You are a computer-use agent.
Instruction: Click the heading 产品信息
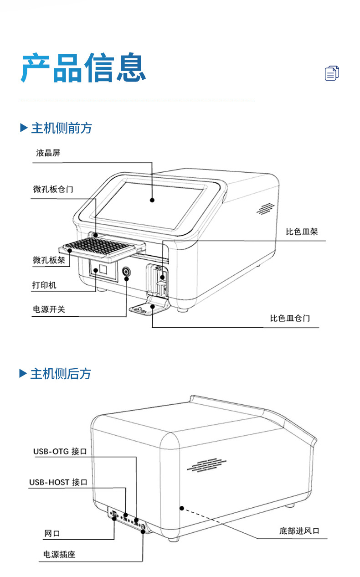pyautogui.click(x=84, y=68)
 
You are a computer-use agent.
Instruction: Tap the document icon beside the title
pyautogui.click(x=332, y=73)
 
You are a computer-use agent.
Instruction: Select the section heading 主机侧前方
pyautogui.click(x=61, y=128)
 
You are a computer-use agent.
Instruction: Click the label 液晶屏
pyautogui.click(x=48, y=153)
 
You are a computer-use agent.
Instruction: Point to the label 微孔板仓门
pyautogui.click(x=53, y=189)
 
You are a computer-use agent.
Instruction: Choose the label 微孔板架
pyautogui.click(x=48, y=260)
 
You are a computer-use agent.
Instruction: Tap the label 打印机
pyautogui.click(x=44, y=285)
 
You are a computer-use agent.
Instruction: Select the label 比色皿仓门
pyautogui.click(x=290, y=318)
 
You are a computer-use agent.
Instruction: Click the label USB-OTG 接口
pyautogui.click(x=60, y=451)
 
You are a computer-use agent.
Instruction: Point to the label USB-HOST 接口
pyautogui.click(x=58, y=482)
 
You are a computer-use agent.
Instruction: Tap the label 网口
pyautogui.click(x=52, y=533)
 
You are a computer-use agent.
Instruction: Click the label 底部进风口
pyautogui.click(x=299, y=531)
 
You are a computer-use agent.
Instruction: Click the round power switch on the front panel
pyautogui.click(x=126, y=273)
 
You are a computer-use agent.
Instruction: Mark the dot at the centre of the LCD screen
pyautogui.click(x=153, y=200)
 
